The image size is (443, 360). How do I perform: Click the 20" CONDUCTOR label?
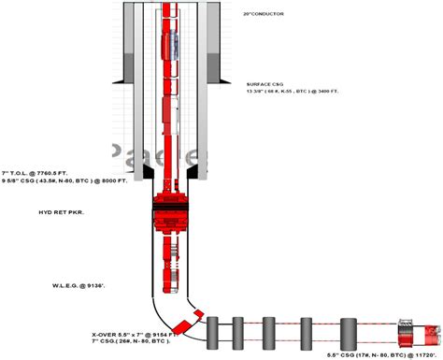tap(263, 15)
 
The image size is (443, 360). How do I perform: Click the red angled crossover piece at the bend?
tap(191, 321)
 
